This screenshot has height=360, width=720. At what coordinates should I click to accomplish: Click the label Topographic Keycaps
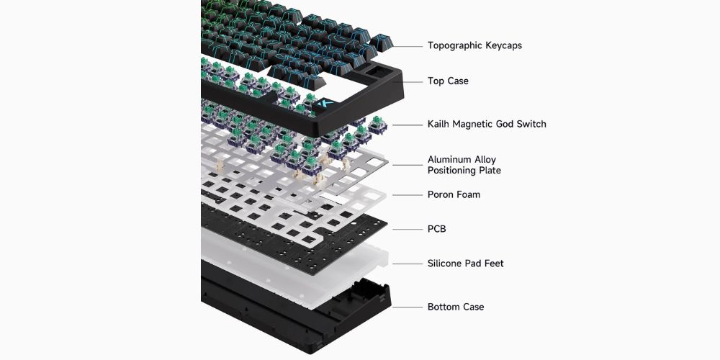pos(474,45)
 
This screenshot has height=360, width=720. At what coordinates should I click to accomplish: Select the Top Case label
pos(448,81)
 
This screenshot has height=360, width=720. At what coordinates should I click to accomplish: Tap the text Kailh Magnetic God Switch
pos(487,124)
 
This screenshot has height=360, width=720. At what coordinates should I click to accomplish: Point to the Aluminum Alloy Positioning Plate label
pos(464,165)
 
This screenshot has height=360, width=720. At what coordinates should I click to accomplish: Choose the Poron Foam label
pos(454,194)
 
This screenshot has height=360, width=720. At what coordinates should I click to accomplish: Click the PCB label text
pos(437,229)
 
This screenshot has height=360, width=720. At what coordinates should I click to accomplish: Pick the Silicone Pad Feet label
pos(466,263)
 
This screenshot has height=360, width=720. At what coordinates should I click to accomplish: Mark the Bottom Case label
pos(456,307)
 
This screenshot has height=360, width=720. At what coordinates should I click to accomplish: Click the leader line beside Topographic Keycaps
pos(408,46)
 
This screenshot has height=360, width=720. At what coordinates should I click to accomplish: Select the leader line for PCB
pos(408,229)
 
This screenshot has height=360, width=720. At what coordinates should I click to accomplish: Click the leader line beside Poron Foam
pos(408,195)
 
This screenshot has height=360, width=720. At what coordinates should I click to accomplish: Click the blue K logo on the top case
pos(326,104)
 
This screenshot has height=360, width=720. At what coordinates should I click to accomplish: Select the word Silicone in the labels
pos(444,263)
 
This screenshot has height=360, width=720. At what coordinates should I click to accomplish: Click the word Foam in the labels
pos(469,194)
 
